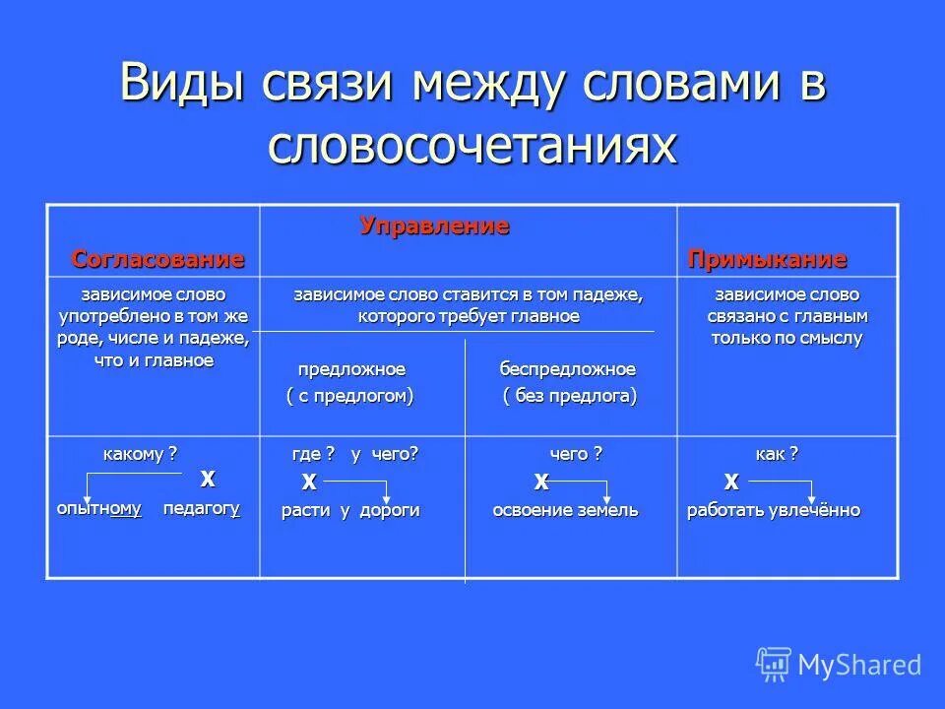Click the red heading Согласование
tap(157, 259)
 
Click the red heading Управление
tap(434, 226)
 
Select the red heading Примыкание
tap(767, 259)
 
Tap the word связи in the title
tap(330, 85)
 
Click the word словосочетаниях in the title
tap(472, 146)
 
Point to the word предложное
tap(351, 369)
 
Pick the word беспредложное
tap(567, 369)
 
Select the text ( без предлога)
tap(569, 395)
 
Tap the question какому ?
tap(141, 453)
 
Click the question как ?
tap(776, 453)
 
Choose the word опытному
tap(99, 508)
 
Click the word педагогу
tap(202, 508)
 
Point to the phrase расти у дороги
tap(350, 510)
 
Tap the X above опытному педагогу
tap(208, 479)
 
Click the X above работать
tap(731, 482)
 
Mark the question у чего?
tap(385, 453)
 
